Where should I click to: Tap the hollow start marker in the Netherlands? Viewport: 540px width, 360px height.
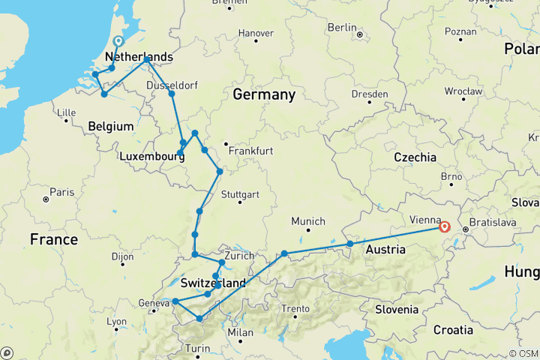[118, 42]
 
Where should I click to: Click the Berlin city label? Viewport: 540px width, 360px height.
[342, 28]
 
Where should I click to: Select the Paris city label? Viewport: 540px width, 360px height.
[62, 193]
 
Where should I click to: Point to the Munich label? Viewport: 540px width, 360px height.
[309, 221]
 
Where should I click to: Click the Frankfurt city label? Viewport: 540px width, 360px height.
[251, 151]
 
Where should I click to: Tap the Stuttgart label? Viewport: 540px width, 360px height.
[241, 195]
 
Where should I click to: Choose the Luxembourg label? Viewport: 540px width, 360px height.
[152, 157]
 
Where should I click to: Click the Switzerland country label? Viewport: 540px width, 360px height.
[213, 283]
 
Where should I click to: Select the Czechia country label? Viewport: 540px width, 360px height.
[415, 157]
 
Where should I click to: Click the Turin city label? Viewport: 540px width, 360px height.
[199, 348]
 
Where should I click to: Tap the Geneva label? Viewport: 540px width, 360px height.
[153, 303]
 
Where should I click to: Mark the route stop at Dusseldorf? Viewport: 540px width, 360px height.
[172, 94]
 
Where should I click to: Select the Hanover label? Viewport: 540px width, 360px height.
[256, 33]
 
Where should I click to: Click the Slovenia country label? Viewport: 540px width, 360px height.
[397, 309]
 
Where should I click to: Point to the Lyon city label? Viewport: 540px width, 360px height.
[116, 321]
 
